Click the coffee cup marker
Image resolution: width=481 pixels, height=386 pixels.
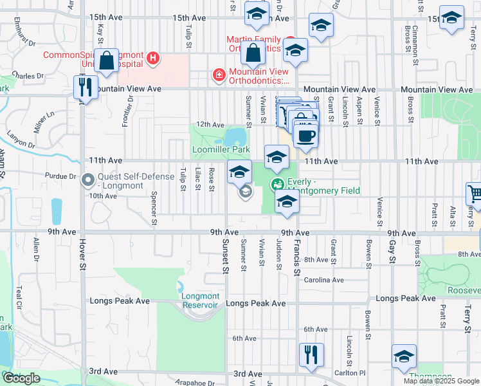tap(305, 136)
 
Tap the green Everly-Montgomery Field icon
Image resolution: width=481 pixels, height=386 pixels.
tap(278, 184)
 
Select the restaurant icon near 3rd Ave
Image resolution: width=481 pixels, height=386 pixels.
tap(311, 354)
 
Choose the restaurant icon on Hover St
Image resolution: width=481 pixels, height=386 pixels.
tap(85, 87)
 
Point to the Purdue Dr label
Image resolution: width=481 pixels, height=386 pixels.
tap(61, 176)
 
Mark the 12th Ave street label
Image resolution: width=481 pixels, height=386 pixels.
tap(210, 125)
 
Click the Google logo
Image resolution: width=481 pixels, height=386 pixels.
tap(21, 378)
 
